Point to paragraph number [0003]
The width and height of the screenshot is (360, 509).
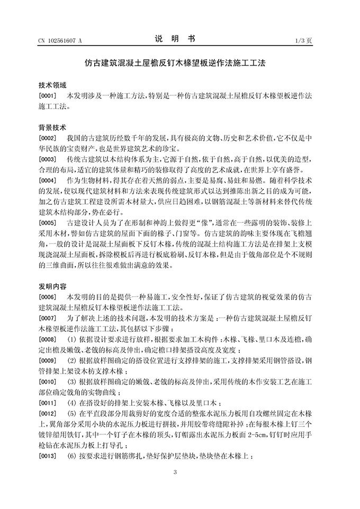pos(47,159)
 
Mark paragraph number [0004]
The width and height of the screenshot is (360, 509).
pos(47,180)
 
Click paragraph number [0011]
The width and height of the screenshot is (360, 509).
pos(47,402)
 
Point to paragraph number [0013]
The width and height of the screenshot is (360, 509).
pos(47,455)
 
